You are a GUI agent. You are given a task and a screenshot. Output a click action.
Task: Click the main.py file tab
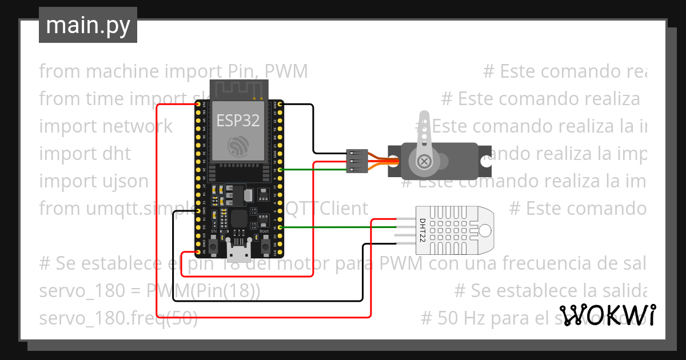(x=88, y=25)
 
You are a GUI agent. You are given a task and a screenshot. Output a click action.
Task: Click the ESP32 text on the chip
(x=238, y=120)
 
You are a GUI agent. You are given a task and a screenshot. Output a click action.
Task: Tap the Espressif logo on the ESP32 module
(x=238, y=146)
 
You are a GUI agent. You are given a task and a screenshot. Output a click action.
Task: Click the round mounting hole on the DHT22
(x=485, y=230)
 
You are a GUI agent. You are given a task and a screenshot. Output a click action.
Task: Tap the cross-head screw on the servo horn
(x=424, y=162)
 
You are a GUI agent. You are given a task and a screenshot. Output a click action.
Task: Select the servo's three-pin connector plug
(x=354, y=162)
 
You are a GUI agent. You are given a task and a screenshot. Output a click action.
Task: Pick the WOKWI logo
(x=607, y=315)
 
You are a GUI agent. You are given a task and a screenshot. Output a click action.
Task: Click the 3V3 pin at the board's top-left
(x=198, y=105)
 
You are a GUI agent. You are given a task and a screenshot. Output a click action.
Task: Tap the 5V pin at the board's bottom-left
(x=198, y=251)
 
